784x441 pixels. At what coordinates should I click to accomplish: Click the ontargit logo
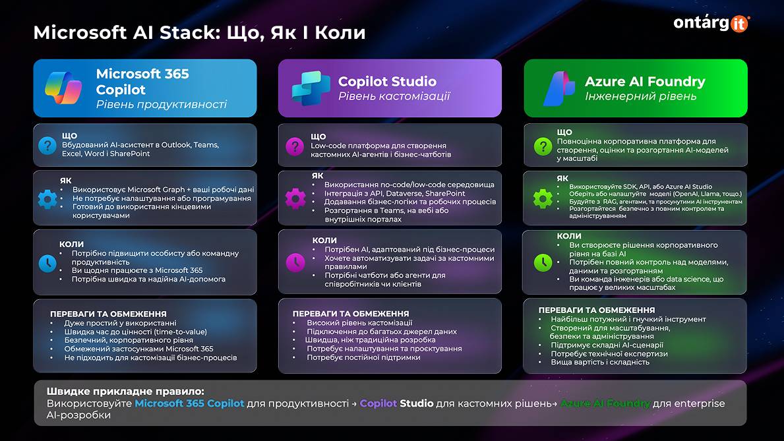(711, 22)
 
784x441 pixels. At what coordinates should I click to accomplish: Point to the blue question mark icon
(47, 145)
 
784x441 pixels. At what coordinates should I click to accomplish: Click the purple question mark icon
(294, 146)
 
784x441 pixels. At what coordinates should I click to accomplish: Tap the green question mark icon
(541, 146)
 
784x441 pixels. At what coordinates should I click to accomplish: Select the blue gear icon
(47, 198)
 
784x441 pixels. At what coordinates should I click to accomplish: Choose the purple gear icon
(294, 198)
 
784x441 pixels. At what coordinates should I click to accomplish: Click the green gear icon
(542, 198)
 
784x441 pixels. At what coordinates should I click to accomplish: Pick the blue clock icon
(47, 263)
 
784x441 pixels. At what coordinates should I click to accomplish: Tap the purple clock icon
(294, 262)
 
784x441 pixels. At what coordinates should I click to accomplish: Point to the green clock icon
(542, 262)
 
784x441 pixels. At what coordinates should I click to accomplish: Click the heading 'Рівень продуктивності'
(161, 104)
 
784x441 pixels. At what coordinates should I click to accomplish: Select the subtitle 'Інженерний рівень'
(640, 96)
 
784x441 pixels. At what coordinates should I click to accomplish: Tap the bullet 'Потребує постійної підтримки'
(363, 357)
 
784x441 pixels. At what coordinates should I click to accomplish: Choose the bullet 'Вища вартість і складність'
(591, 362)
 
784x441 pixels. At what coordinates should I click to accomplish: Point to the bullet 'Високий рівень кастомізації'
(359, 323)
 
